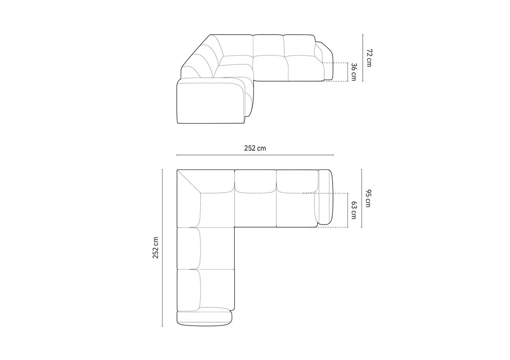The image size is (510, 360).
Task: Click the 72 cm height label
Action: pyautogui.click(x=369, y=58)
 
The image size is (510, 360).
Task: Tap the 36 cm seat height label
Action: pyautogui.click(x=354, y=72)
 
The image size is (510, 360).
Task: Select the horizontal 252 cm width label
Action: pyautogui.click(x=255, y=148)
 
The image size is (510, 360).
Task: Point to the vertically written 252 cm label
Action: pyautogui.click(x=156, y=248)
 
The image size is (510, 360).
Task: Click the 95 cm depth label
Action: pyautogui.click(x=368, y=198)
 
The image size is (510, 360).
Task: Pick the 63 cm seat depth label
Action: pyautogui.click(x=354, y=210)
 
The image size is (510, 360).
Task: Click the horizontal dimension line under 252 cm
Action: pyautogui.click(x=255, y=155)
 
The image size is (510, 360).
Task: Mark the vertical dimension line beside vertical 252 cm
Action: pyautogui.click(x=163, y=247)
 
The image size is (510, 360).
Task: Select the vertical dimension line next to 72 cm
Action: pyautogui.click(x=363, y=58)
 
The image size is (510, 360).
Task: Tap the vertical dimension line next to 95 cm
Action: pyautogui.click(x=362, y=199)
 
